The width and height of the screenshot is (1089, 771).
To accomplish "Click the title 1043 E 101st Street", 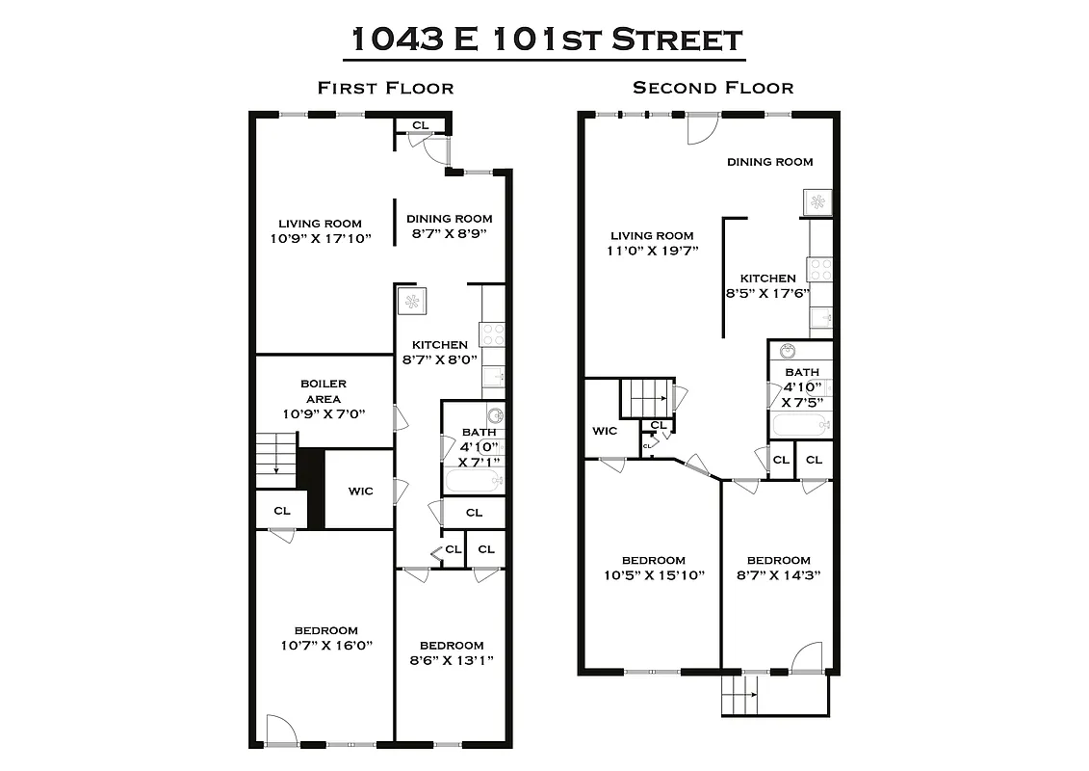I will [544, 40].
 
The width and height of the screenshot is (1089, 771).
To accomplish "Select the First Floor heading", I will [385, 88].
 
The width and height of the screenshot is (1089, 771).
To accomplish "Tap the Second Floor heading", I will [713, 88].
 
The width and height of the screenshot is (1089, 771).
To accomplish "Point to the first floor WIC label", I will [360, 491].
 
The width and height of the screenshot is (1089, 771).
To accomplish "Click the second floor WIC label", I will [605, 430].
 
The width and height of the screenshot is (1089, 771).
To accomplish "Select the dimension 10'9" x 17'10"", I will [321, 237].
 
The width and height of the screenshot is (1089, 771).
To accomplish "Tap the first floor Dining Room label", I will [449, 219].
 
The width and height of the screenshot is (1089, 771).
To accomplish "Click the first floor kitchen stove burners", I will [492, 333].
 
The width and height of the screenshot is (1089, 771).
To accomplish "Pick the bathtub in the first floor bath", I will [472, 481].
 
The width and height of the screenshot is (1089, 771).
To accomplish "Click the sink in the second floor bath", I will [789, 351].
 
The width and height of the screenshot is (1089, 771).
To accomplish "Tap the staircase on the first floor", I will [275, 453].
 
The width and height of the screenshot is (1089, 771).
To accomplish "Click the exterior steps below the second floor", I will [740, 694].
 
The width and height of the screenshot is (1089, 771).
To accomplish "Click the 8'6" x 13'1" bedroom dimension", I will [451, 661].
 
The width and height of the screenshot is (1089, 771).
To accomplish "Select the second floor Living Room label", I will [652, 235].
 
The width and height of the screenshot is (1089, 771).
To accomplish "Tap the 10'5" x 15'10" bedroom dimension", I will [654, 575].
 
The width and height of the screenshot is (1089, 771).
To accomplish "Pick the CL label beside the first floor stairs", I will [281, 511].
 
